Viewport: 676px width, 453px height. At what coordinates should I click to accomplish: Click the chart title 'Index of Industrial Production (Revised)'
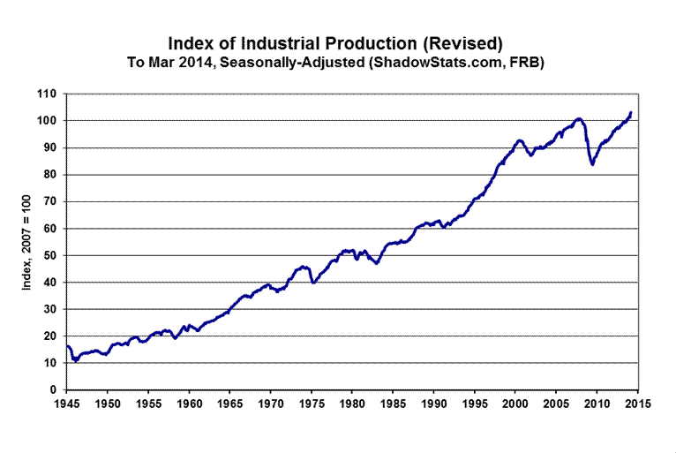pyautogui.click(x=337, y=42)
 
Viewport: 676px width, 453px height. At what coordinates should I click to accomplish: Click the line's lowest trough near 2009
pyautogui.click(x=592, y=164)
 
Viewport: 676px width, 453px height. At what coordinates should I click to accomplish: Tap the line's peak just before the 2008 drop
pyautogui.click(x=578, y=118)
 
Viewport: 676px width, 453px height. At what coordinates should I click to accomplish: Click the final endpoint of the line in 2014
pyautogui.click(x=630, y=112)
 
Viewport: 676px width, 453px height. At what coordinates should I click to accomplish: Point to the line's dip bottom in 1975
pyautogui.click(x=313, y=283)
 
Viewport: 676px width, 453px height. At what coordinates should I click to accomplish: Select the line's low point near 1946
pyautogui.click(x=76, y=360)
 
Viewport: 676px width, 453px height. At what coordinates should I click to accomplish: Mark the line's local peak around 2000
pyautogui.click(x=520, y=140)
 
